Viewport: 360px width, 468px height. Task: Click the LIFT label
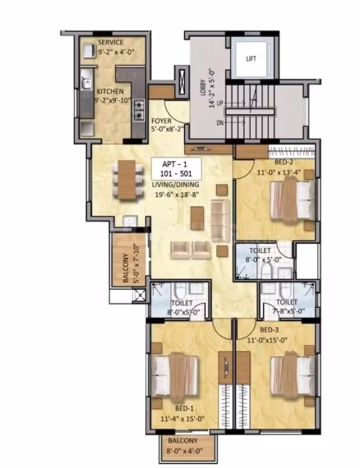[x=251, y=59]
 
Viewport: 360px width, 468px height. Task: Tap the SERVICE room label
[x=110, y=43]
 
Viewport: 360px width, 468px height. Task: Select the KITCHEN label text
[x=110, y=91]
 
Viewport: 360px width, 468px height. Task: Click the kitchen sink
[x=86, y=83]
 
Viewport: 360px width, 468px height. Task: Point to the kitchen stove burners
[x=139, y=110]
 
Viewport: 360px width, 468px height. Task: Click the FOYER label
[x=161, y=121]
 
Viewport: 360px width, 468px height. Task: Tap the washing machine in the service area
[x=89, y=51]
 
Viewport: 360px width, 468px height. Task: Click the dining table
[x=127, y=179]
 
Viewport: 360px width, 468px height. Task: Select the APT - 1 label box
[x=176, y=168]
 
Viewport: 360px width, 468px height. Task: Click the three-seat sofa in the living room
[x=220, y=220]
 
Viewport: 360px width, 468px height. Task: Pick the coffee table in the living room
[x=197, y=218]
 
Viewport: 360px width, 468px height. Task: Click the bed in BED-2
[x=293, y=200]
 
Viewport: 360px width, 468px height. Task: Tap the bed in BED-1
[x=175, y=377]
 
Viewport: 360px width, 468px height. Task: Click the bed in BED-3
[x=293, y=375]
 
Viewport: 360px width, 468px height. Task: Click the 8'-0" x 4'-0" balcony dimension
[x=185, y=451]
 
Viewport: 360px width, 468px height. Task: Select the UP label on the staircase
[x=219, y=103]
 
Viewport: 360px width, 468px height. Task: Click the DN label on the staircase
[x=219, y=122]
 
